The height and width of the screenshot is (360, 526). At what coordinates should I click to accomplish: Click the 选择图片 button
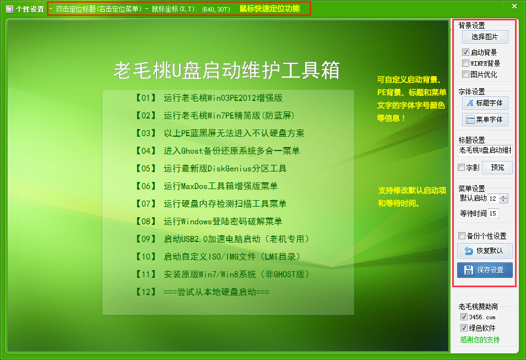coord(485,37)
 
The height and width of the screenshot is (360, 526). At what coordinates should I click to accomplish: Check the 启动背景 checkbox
coord(465,52)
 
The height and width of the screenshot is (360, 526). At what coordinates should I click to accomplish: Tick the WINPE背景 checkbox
coord(465,63)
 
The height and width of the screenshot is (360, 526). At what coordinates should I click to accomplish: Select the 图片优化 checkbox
coord(465,74)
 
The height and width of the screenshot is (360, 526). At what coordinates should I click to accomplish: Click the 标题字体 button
coord(485,103)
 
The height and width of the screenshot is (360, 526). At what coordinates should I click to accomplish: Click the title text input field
coord(485,150)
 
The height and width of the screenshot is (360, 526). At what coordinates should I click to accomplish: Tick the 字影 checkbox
coord(461,167)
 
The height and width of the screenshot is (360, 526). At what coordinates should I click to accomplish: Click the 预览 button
coord(497,168)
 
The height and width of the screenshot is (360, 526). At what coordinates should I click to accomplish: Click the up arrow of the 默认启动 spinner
coord(503,196)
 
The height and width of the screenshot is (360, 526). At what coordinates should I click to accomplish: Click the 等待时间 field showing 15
coord(493,213)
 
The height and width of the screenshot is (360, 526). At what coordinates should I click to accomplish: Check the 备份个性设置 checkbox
coord(462,236)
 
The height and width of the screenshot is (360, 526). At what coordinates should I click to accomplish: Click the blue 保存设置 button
coord(485,270)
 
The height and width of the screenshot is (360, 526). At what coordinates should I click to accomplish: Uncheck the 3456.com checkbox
coord(464,316)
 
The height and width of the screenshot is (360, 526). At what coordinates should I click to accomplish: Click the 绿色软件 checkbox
coord(464,328)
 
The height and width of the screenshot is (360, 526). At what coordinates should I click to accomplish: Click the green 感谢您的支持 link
coord(480,340)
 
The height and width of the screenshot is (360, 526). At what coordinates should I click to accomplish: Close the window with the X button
coord(514,6)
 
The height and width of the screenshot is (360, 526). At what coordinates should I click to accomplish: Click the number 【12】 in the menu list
coord(146,292)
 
